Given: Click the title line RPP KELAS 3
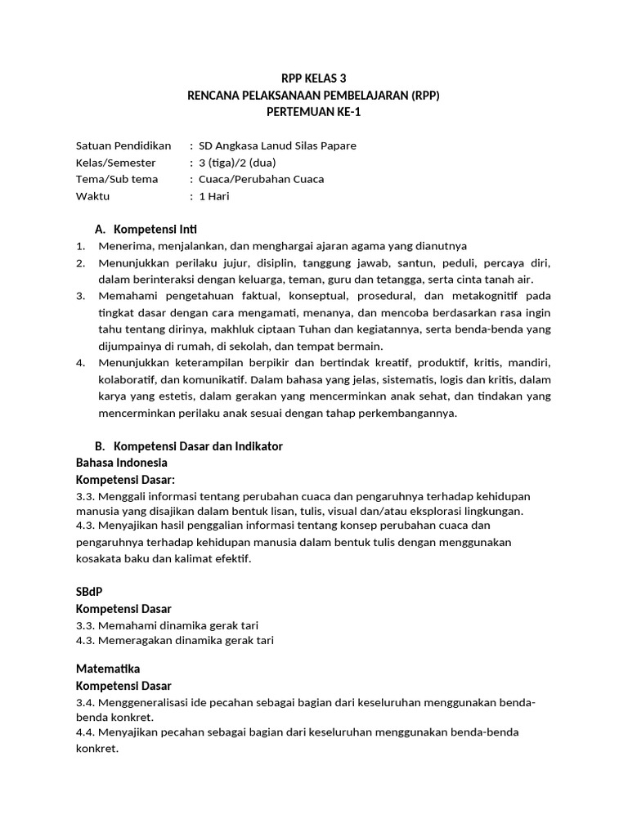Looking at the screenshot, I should [x=314, y=79].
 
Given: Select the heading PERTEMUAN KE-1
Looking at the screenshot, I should [x=314, y=112].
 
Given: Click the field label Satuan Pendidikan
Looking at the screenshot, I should [x=123, y=145].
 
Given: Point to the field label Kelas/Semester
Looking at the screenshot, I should [x=116, y=163].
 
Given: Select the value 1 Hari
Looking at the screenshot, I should [x=214, y=196].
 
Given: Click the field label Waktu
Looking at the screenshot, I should [x=92, y=196].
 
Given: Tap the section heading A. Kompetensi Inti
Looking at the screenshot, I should [x=146, y=229].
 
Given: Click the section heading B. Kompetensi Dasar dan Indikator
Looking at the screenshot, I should [x=189, y=446].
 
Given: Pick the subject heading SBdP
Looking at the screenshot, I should [x=89, y=591].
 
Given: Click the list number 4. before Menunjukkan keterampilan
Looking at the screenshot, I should [x=81, y=362].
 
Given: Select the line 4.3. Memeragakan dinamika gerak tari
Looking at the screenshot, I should [x=175, y=640].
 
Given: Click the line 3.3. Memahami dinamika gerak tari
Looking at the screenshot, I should [x=167, y=625].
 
